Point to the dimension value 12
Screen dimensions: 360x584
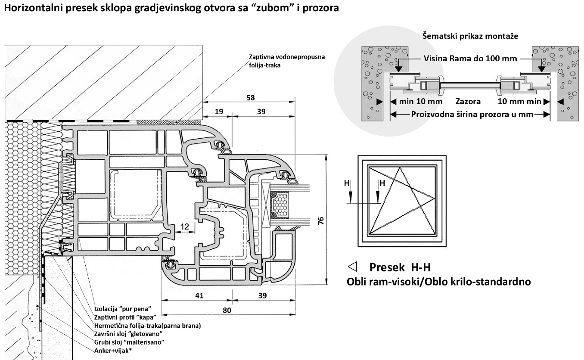coord(185,226)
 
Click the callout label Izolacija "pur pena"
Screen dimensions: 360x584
coord(122,309)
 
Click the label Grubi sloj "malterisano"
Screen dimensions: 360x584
coord(129,342)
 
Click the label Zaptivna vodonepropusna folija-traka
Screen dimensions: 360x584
coord(287,61)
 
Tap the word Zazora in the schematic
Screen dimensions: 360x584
coord(468,102)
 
